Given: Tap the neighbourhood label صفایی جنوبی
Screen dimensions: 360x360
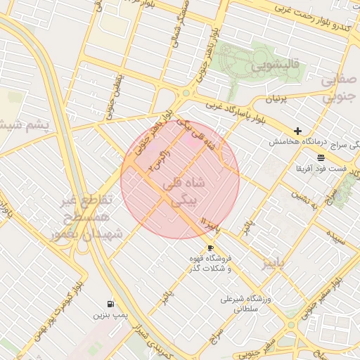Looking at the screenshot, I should pyautogui.click(x=340, y=89).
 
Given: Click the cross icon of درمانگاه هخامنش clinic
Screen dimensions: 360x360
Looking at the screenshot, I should pyautogui.click(x=297, y=131).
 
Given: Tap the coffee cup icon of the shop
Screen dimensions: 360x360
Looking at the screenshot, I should pyautogui.click(x=210, y=247).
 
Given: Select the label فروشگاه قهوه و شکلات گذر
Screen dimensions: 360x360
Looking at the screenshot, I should pyautogui.click(x=210, y=264).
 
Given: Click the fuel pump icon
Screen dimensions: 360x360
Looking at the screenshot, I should pyautogui.click(x=110, y=304).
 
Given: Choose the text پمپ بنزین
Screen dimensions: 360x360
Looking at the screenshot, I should pyautogui.click(x=111, y=316).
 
